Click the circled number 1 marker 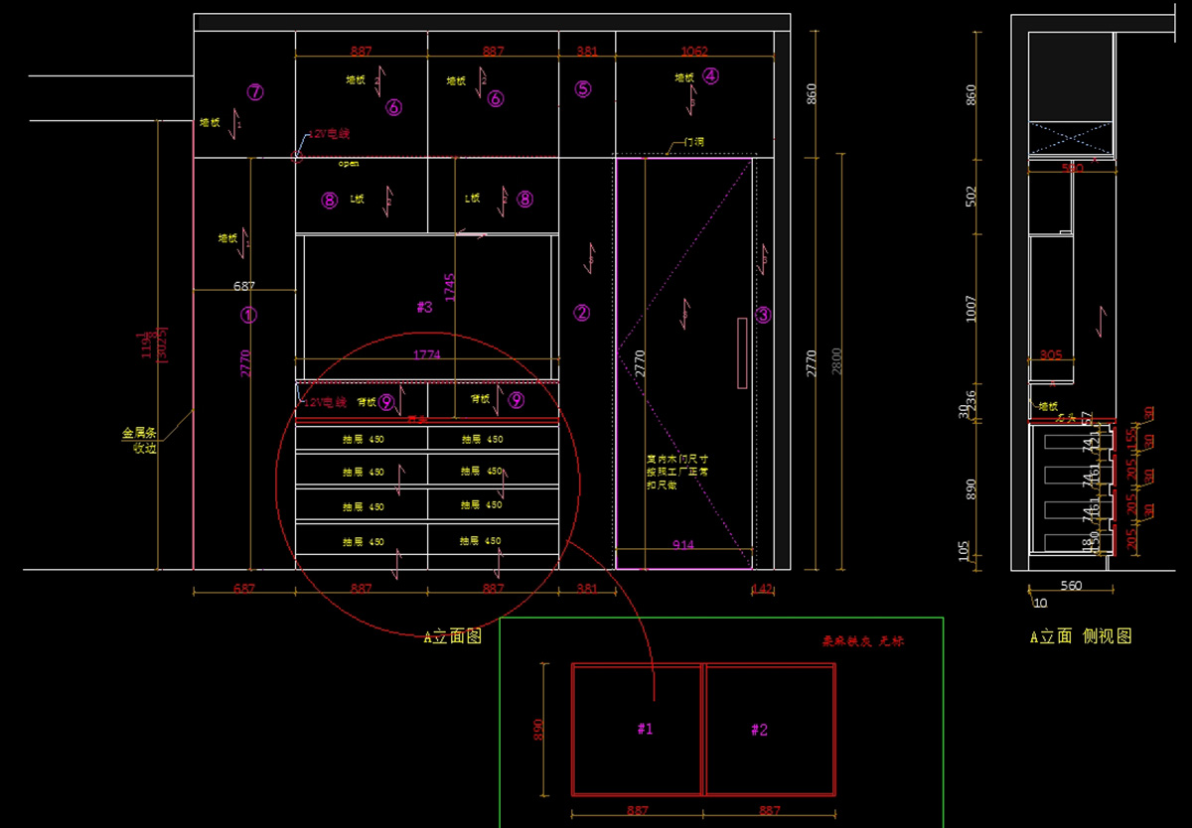249,315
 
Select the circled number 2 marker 582,314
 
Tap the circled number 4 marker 710,75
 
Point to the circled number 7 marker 255,92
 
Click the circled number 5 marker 583,89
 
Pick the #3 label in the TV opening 424,308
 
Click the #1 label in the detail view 645,730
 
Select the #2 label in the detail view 759,731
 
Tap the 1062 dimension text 694,51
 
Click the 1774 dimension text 426,354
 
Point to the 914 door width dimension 683,545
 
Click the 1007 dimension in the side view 971,309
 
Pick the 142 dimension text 762,589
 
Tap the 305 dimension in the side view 1050,354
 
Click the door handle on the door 741,352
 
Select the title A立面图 453,636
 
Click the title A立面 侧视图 1080,636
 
